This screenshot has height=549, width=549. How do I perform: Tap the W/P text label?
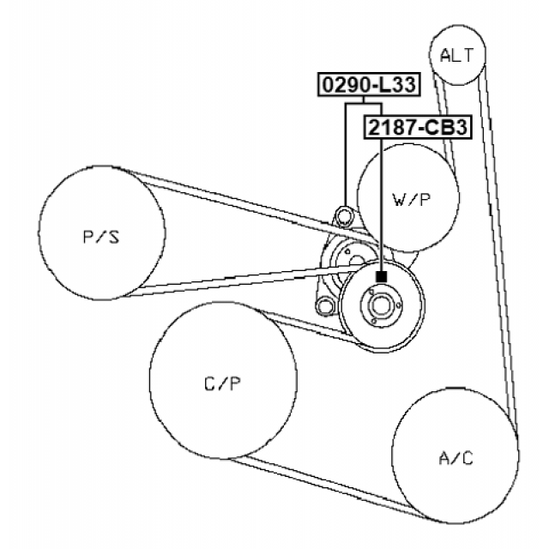(x=411, y=200)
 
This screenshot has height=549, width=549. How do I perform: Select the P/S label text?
(x=100, y=236)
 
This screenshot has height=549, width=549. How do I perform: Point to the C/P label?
(x=222, y=383)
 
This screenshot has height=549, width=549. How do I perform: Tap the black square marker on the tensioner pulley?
(x=381, y=276)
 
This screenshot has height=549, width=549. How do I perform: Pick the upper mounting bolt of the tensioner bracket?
(x=345, y=214)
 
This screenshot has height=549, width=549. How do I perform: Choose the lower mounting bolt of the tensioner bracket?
(x=324, y=306)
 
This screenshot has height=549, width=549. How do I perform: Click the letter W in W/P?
(x=399, y=200)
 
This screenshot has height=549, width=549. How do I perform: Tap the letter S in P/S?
(x=114, y=236)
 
